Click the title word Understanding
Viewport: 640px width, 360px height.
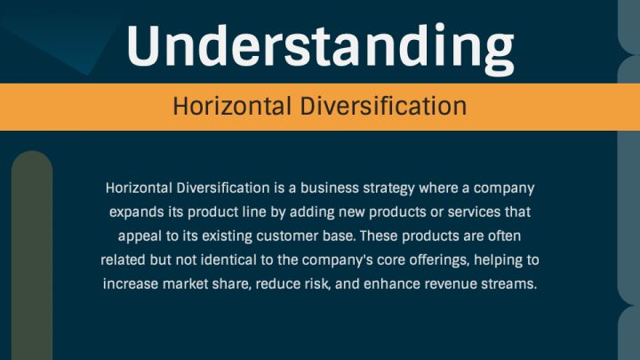(x=320, y=48)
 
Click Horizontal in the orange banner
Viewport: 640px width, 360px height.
(x=232, y=107)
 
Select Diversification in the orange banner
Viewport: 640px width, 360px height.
(x=383, y=107)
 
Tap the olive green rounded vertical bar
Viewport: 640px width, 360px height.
(x=32, y=255)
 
